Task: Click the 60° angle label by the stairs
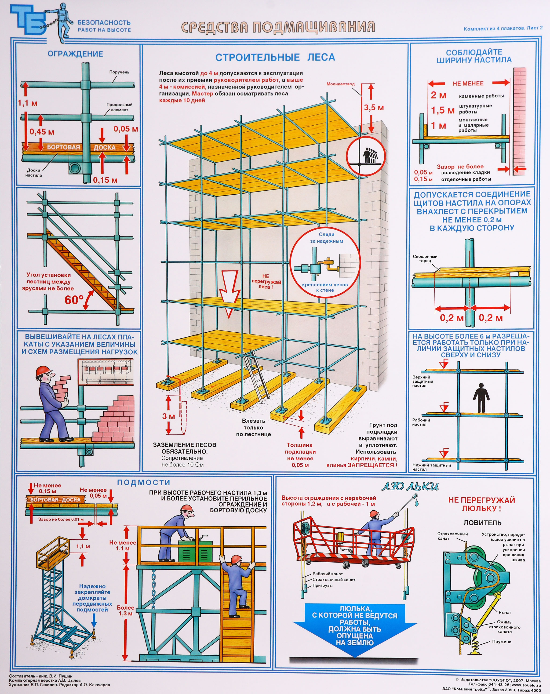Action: pos(74,300)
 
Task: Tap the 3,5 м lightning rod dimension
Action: pos(374,108)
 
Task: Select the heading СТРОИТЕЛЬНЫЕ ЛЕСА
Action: pos(275,57)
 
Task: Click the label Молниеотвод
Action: pos(340,84)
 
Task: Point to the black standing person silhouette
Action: pos(481,398)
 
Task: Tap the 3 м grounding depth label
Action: pos(168,416)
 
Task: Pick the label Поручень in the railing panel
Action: pos(119,72)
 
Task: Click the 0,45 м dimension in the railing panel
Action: pos(42,132)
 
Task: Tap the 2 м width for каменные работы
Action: pos(439,95)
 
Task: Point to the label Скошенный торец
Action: pos(425,258)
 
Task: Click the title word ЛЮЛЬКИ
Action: pos(410,486)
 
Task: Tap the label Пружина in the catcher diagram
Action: pos(501,642)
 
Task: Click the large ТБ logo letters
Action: pos(28,20)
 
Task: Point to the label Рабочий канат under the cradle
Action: pos(328,574)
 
